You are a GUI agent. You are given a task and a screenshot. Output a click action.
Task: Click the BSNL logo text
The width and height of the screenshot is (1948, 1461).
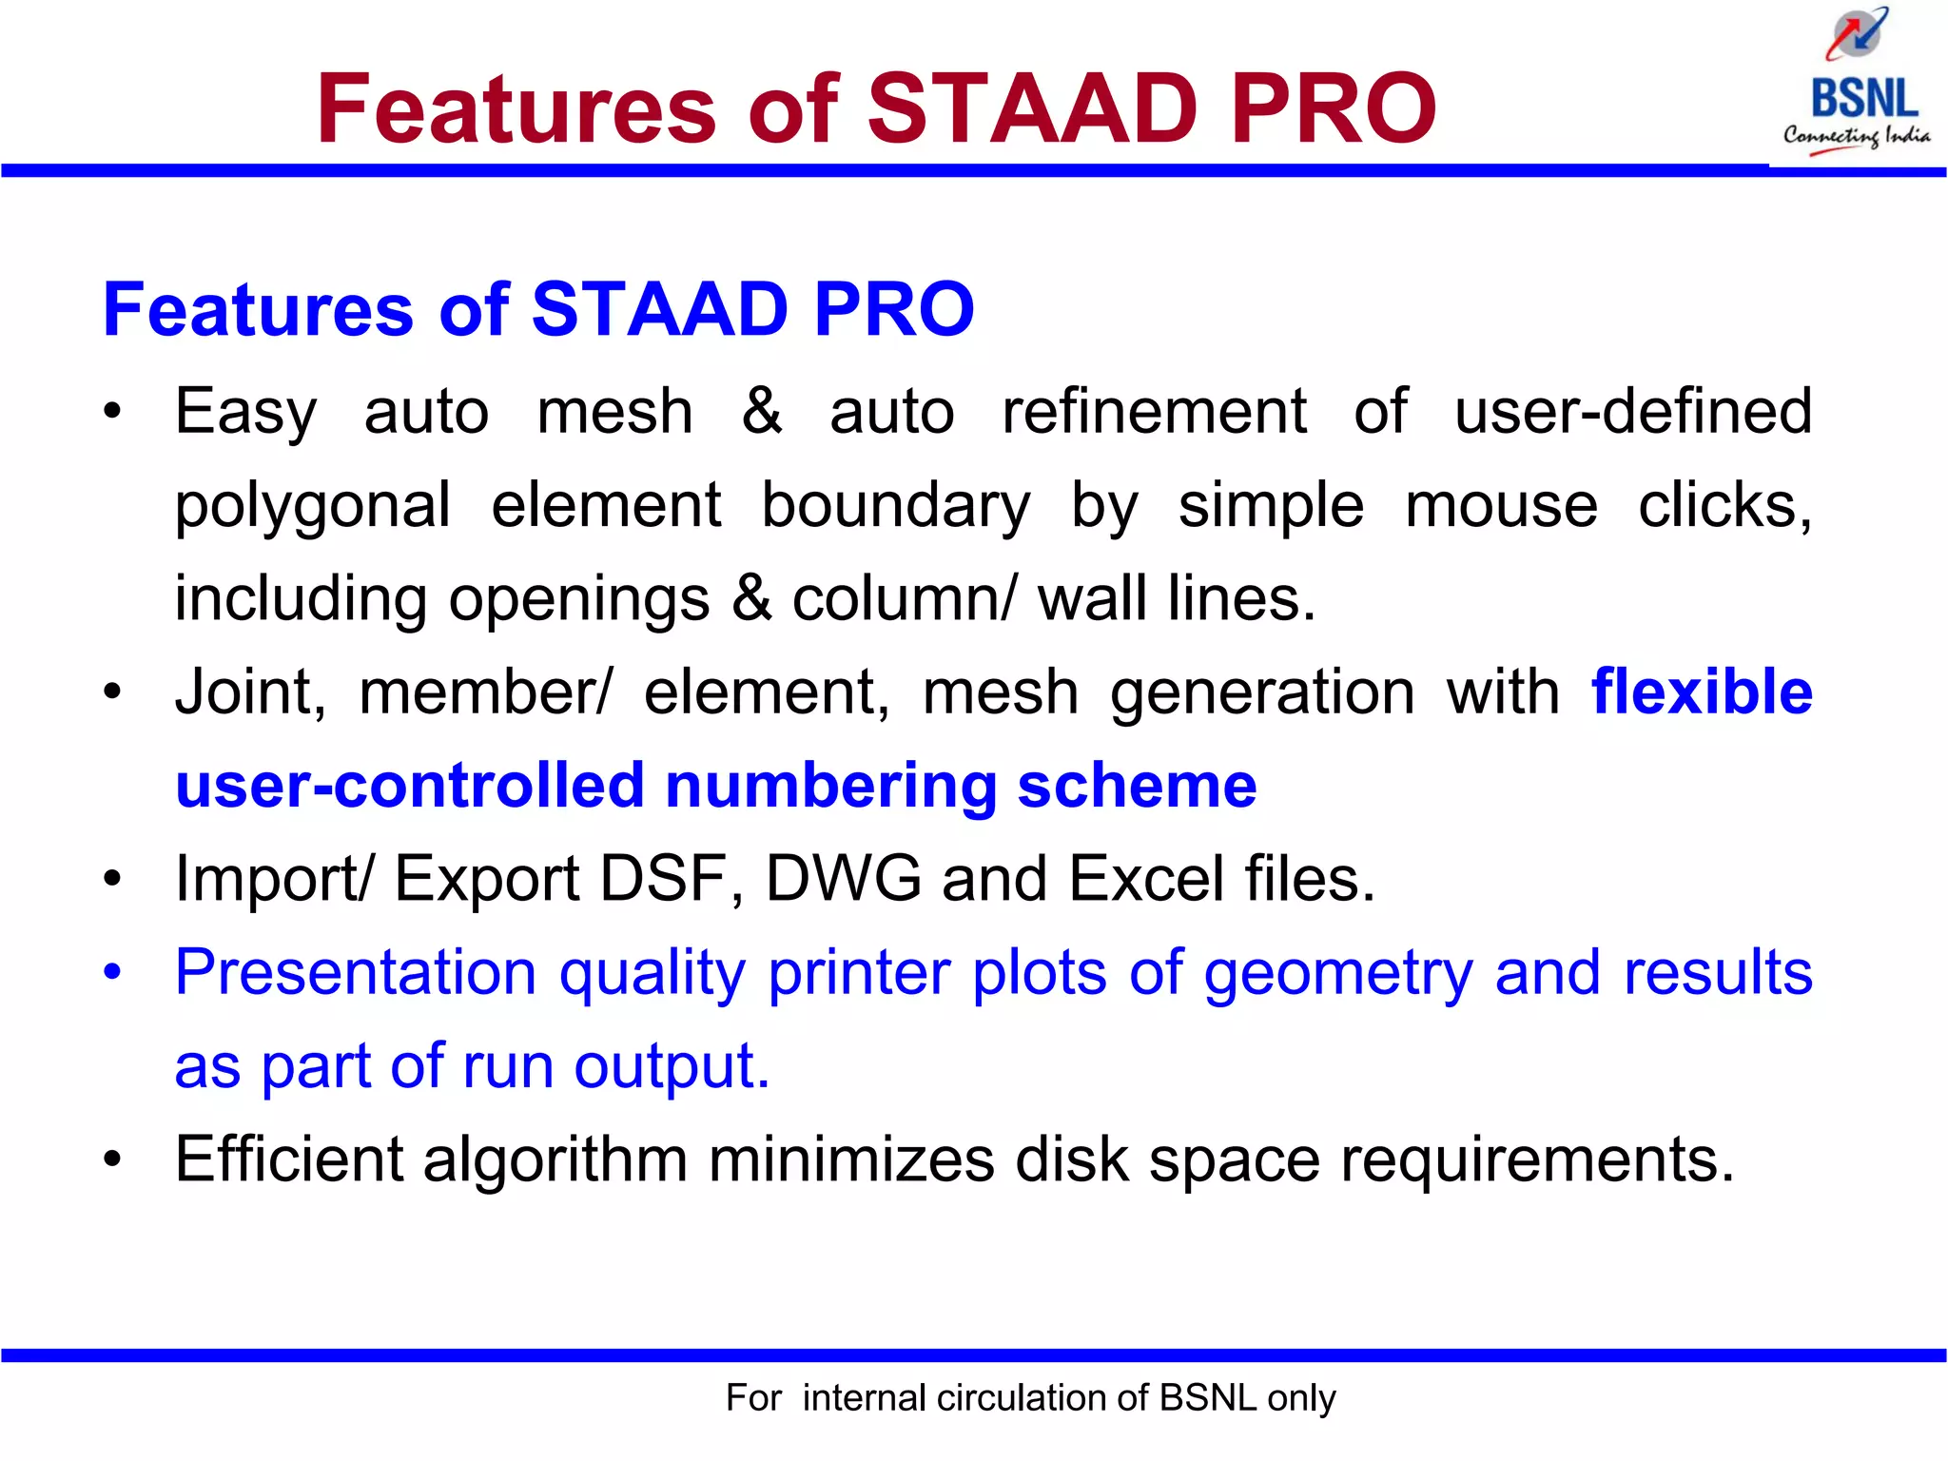(1863, 99)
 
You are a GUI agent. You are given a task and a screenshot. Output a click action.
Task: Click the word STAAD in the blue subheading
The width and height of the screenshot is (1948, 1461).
(658, 309)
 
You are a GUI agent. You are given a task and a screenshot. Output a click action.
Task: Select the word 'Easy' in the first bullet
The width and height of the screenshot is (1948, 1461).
(245, 413)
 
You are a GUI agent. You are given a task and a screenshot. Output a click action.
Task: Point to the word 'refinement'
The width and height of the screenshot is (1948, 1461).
(1154, 413)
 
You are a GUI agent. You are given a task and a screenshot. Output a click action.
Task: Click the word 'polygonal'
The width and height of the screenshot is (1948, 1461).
(313, 506)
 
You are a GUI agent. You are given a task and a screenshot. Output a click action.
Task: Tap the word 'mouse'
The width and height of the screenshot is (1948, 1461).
(1501, 505)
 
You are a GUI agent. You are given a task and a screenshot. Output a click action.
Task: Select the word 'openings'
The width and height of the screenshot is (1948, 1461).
(578, 600)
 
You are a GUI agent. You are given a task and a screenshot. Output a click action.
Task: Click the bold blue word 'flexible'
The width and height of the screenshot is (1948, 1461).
(1702, 692)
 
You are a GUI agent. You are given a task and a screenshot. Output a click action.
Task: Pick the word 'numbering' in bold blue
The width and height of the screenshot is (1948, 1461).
(830, 786)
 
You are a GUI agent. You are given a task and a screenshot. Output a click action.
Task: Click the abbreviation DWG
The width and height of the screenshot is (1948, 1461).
(843, 879)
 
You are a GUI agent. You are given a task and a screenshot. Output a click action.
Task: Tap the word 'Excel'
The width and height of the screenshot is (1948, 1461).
(1146, 879)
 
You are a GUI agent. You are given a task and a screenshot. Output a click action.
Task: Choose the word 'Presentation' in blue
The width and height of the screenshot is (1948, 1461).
(357, 973)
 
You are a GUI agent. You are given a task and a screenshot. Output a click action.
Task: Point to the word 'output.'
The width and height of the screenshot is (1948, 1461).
(672, 1066)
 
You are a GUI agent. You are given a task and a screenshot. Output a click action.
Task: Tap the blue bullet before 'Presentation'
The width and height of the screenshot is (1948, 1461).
(113, 973)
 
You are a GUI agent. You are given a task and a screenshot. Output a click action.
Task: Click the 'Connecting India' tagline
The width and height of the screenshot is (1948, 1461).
(1856, 136)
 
